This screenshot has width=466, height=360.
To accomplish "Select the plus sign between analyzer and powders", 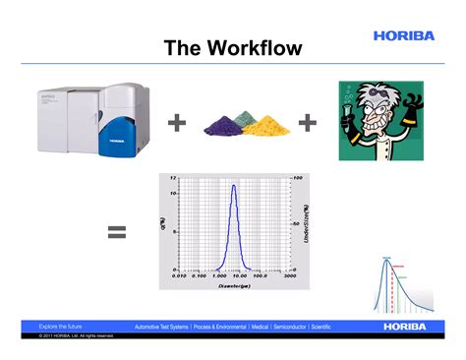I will coord(177,123).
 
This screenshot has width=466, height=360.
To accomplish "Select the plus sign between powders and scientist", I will coord(308,123).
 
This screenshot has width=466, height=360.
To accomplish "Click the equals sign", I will coord(117,232).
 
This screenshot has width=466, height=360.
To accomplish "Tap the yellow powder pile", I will coord(267,126).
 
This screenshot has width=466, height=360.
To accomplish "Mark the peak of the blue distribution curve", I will coord(233,186).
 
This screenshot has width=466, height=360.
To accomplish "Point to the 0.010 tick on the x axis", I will coord(179,276).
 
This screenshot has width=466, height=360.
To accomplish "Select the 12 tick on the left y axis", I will coord(173,178).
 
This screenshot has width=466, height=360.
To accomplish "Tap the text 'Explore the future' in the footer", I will coord(60,326).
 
